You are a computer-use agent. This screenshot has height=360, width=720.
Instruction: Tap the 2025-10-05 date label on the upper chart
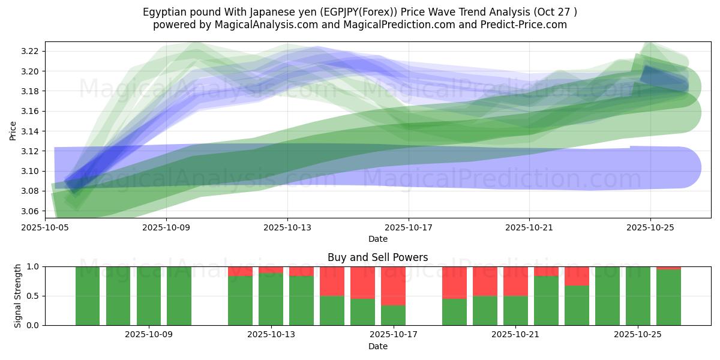coord(45,227)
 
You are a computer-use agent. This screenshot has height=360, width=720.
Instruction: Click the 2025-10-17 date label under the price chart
coord(409,227)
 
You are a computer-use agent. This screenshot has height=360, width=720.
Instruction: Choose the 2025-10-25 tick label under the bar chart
coord(638,335)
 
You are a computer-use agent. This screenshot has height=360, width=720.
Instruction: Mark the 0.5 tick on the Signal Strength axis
coord(34,296)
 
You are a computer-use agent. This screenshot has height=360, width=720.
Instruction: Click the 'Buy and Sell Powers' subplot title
coord(377,257)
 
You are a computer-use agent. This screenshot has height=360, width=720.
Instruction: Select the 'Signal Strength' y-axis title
coord(18,295)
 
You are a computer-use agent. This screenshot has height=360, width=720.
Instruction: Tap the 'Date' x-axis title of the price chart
coord(377,239)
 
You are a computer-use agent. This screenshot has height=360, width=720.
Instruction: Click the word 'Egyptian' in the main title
coord(163,12)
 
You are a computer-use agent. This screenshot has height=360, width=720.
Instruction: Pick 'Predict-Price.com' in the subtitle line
coord(521,25)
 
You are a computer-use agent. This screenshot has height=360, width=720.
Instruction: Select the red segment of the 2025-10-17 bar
coord(393,286)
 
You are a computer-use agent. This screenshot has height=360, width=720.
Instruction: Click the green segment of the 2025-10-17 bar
coord(393,316)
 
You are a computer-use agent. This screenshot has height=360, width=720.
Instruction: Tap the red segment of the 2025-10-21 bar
coord(515,281)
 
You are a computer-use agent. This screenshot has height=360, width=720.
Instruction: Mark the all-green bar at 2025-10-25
coord(638,296)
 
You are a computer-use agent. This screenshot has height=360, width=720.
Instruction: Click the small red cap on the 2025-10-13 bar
coord(271,269)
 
